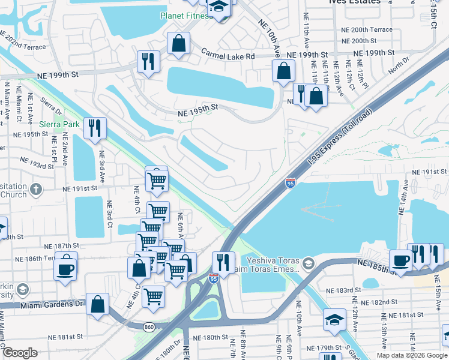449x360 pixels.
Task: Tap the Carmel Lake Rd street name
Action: click(228, 55)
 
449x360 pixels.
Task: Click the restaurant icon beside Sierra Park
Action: click(95, 128)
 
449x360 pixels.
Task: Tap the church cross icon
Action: click(35, 190)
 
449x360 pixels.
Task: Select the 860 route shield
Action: click(149, 326)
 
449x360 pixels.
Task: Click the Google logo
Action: click(20, 353)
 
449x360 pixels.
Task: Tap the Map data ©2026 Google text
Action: click(412, 355)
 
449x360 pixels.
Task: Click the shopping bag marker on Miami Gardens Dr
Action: click(97, 304)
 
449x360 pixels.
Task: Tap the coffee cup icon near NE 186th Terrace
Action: click(65, 268)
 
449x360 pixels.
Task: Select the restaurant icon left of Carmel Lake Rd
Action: click(147, 61)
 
